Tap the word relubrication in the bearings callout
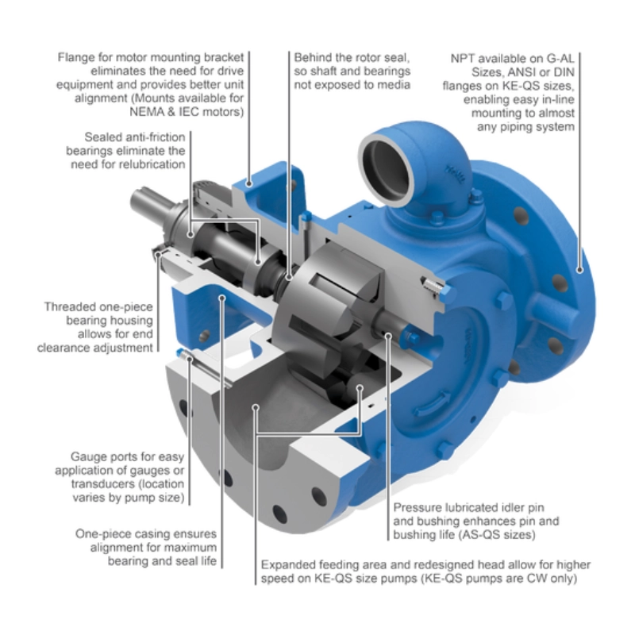155,164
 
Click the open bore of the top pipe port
387,167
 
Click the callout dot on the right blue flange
579,270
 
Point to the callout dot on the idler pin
388,336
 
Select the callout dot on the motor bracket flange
249,183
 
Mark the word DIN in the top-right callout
564,72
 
